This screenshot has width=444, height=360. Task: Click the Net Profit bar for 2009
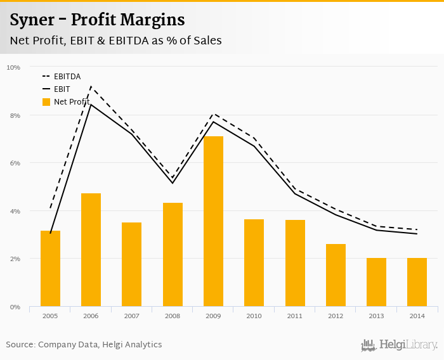tap(213, 221)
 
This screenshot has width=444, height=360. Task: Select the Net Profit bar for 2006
tap(91, 250)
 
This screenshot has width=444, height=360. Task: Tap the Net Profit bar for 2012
tap(336, 275)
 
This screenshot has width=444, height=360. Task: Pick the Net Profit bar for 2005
tap(50, 268)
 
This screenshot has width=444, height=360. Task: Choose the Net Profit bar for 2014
tap(417, 282)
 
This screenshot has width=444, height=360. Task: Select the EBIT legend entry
tap(62, 89)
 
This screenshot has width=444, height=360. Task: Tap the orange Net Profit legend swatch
tap(46, 101)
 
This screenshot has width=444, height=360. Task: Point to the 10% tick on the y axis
tap(14, 67)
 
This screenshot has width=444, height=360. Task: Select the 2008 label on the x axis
tap(173, 315)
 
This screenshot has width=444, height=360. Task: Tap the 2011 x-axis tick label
tap(295, 315)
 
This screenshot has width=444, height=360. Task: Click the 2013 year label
tap(376, 315)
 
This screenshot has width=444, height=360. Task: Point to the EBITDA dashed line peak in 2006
tap(91, 87)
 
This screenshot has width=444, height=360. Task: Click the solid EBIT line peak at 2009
tap(213, 121)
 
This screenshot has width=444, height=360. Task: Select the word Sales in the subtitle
tap(206, 41)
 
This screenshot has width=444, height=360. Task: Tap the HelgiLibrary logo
tap(400, 345)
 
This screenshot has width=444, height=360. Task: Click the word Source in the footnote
tap(20, 345)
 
